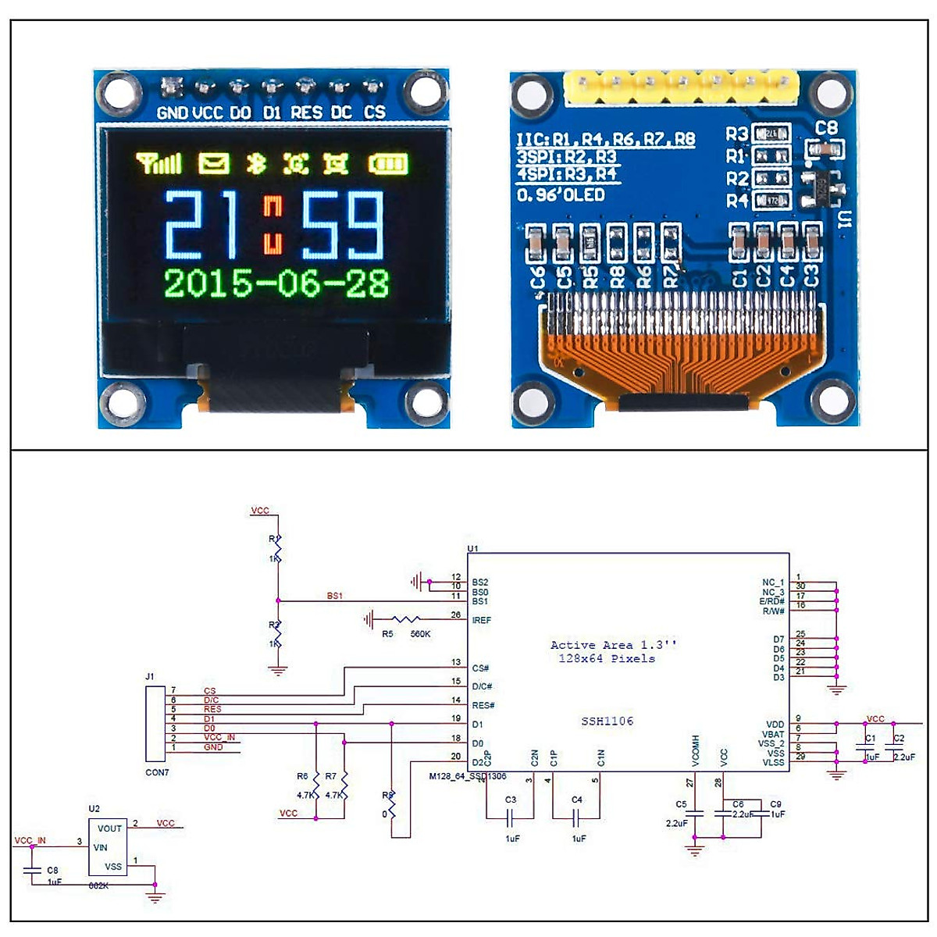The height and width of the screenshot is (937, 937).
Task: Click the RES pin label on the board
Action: (x=306, y=112)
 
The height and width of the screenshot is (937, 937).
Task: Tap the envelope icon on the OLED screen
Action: (x=213, y=163)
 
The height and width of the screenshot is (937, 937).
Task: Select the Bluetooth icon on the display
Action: (x=256, y=163)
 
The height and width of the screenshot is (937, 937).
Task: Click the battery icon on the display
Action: (x=388, y=164)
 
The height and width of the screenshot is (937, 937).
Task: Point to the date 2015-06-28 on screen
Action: (x=276, y=283)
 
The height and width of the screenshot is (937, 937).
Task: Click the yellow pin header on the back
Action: (x=682, y=87)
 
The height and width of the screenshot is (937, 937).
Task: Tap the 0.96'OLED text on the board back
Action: (x=561, y=194)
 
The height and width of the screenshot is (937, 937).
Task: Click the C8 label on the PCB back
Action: (x=826, y=127)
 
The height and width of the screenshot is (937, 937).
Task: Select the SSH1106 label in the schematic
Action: (x=607, y=721)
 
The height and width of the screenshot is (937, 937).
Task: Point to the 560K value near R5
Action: (x=420, y=634)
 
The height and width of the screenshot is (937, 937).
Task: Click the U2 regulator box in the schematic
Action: (x=108, y=847)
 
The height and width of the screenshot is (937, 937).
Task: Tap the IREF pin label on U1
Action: (x=482, y=620)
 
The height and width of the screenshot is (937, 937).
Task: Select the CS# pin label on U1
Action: (x=480, y=668)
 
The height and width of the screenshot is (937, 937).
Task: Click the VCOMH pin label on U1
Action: (x=695, y=750)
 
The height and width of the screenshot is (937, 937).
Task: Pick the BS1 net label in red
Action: (x=334, y=596)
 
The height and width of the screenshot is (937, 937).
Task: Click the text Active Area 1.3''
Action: (x=614, y=645)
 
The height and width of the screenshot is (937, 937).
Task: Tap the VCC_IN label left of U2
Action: (x=30, y=841)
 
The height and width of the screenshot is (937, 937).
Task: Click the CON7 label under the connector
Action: (x=157, y=772)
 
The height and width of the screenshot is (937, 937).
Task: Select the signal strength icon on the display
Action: (x=159, y=163)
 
